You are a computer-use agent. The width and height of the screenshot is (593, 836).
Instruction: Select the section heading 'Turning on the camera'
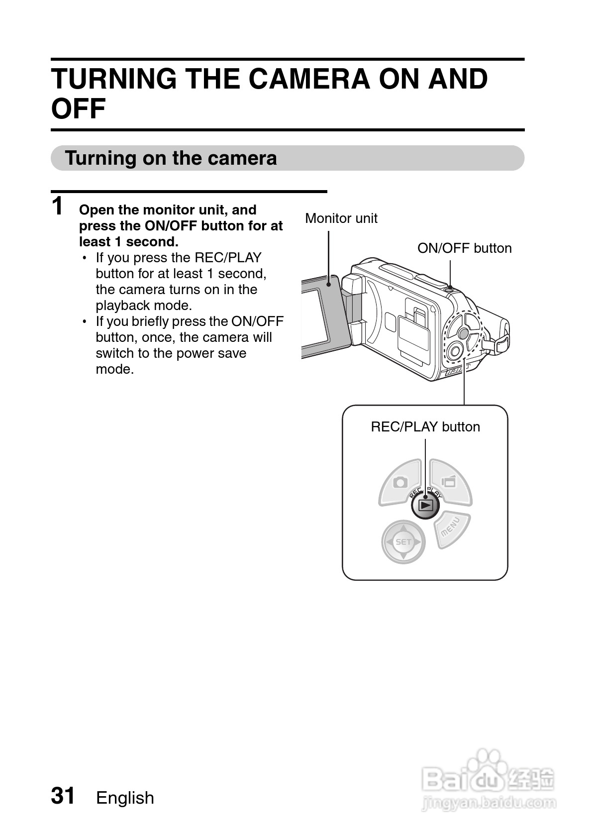171,158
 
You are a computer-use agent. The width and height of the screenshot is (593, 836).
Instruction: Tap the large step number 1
58,206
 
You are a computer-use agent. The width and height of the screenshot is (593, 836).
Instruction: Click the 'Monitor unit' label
341,218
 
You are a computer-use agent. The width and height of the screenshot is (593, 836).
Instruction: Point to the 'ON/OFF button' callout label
464,248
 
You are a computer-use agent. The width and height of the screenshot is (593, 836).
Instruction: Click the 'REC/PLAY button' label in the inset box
425,426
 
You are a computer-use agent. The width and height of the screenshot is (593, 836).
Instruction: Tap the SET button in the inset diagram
403,542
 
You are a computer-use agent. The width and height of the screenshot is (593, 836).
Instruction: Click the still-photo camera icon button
400,482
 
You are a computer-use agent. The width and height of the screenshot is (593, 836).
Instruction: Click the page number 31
63,796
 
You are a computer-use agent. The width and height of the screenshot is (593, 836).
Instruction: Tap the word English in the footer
125,798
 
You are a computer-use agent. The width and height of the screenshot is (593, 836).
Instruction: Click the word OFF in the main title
79,109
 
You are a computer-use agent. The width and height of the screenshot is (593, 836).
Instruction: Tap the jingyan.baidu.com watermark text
489,802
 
